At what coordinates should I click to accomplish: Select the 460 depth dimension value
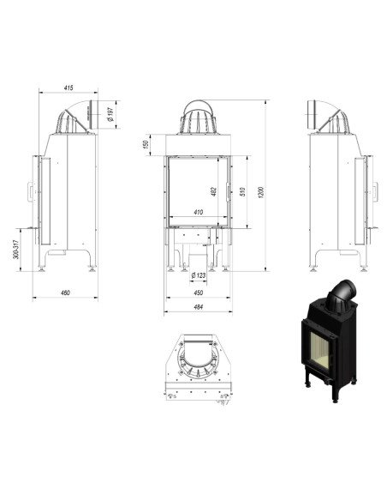click(x=65, y=293)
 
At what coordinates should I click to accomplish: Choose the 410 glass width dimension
click(x=199, y=211)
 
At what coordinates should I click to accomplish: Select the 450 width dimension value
click(x=198, y=292)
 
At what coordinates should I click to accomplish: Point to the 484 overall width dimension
click(x=198, y=307)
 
